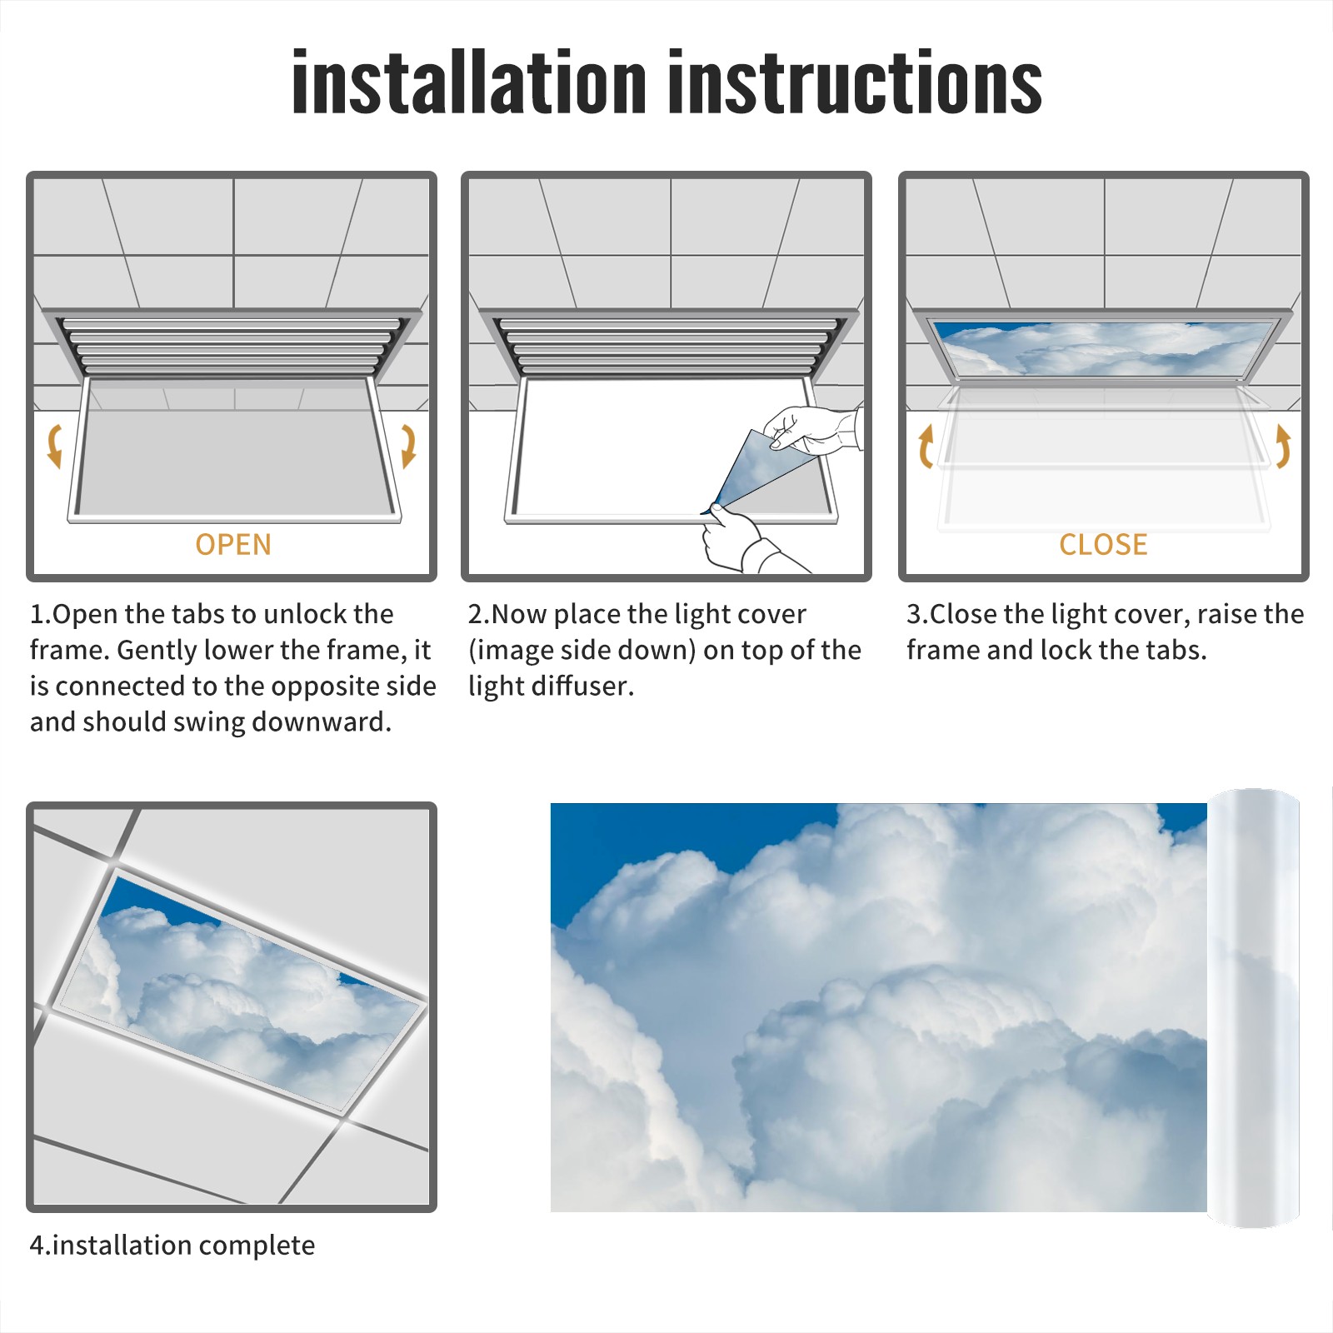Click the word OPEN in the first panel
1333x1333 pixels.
click(x=233, y=545)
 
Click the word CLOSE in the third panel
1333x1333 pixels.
click(x=1103, y=545)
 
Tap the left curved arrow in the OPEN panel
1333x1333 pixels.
click(x=55, y=446)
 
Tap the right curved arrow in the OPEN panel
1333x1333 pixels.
click(x=408, y=446)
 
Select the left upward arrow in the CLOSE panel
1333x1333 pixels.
click(x=925, y=446)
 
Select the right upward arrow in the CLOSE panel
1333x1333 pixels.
click(x=1283, y=446)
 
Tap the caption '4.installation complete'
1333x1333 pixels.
click(x=172, y=1246)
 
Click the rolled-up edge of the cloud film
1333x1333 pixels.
click(x=1254, y=1008)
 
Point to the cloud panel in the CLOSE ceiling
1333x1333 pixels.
click(x=1103, y=348)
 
